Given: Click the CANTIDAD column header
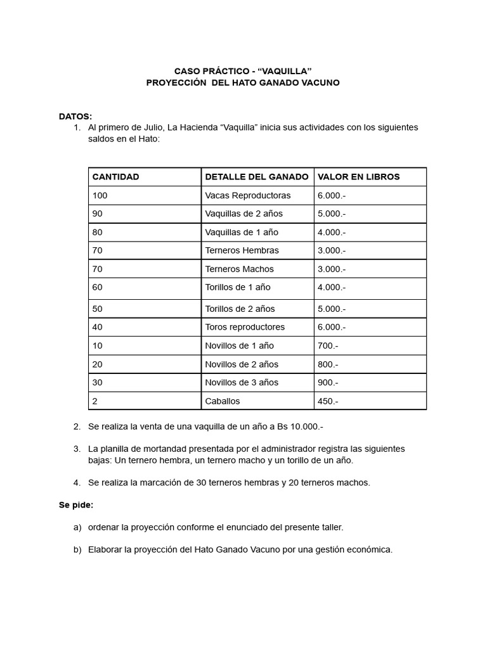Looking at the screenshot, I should (115, 177).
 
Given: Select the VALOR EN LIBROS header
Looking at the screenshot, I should (358, 177).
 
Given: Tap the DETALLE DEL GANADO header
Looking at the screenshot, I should (257, 177).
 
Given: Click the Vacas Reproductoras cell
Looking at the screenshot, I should (248, 195).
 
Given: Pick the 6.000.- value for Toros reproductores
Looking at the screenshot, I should (332, 327).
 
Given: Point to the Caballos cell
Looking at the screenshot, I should (223, 401).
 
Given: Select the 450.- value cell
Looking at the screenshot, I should (328, 401).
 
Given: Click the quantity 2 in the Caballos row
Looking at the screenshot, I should (95, 401).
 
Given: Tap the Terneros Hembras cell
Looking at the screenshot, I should (242, 250).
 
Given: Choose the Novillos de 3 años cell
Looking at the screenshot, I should (242, 382).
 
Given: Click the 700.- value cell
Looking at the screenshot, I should (328, 345).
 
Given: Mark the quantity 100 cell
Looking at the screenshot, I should (100, 195).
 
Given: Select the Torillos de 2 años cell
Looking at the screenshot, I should (240, 309).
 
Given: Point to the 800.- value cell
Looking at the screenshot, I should (328, 364).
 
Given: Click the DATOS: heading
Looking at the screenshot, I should (75, 117).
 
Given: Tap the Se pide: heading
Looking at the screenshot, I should (76, 505).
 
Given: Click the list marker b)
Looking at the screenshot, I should (77, 549).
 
